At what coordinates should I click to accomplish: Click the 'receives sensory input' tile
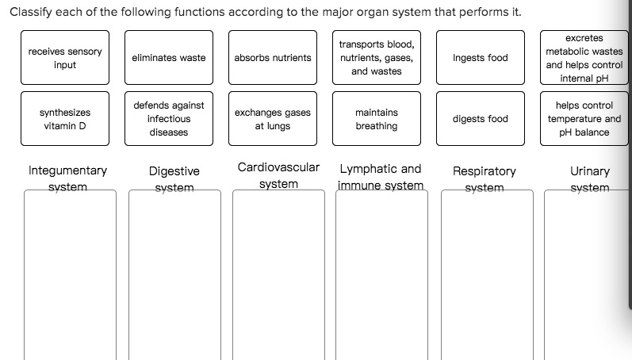(x=65, y=58)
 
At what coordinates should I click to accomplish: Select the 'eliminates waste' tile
(x=169, y=58)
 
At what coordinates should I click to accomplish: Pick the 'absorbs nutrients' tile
(x=273, y=58)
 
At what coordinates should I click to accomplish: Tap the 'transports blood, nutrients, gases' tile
(x=377, y=58)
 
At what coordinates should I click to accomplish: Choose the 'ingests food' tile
(x=481, y=58)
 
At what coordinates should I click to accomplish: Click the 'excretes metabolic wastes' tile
(x=584, y=58)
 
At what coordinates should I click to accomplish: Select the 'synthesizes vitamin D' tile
(x=65, y=119)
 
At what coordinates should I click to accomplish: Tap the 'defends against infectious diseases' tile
(x=169, y=119)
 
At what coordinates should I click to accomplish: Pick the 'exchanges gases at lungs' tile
(x=273, y=119)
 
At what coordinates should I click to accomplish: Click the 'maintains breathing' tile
(x=377, y=119)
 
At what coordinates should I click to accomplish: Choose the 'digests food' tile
(x=481, y=119)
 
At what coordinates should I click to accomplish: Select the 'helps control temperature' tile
(x=584, y=119)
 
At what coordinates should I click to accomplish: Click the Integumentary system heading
(x=68, y=178)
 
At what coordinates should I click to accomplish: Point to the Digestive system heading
(x=174, y=178)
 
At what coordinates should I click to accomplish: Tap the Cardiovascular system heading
(x=278, y=175)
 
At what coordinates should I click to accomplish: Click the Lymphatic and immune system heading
(x=381, y=177)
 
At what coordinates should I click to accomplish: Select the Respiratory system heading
(x=484, y=178)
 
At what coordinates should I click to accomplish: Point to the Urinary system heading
(x=590, y=178)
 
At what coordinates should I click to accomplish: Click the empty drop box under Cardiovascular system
(x=278, y=274)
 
